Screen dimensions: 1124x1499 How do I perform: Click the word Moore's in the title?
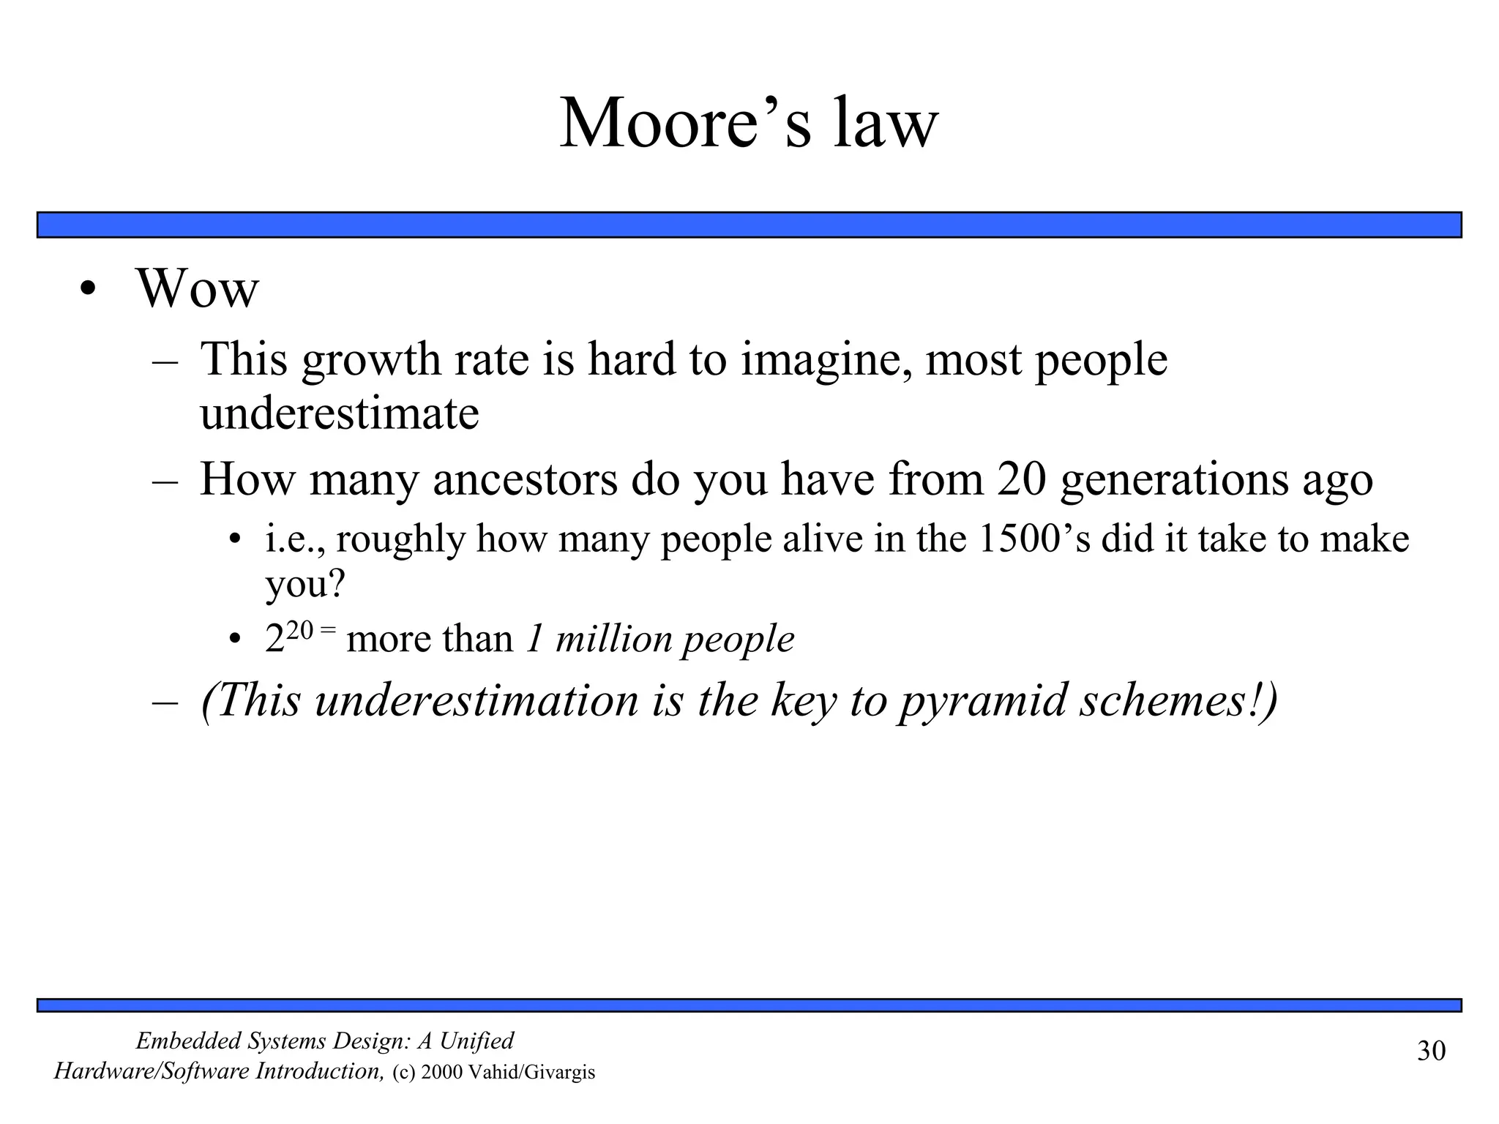coord(685,124)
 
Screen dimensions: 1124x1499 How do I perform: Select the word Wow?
coord(197,289)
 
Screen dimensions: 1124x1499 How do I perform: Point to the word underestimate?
coord(339,413)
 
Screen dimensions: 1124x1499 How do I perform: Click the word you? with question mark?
coord(304,585)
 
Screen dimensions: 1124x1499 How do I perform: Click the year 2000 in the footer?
coord(441,1073)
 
